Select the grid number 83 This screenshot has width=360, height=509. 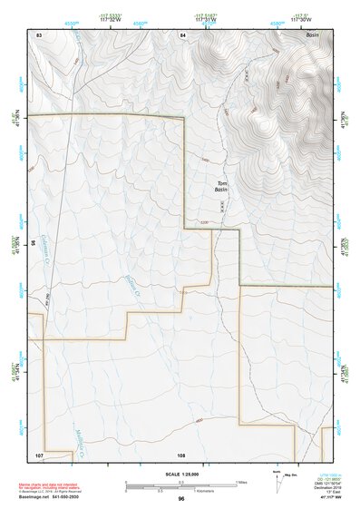pos(39,34)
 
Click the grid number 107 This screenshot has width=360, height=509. pos(39,453)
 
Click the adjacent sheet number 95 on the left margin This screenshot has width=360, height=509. pos(32,243)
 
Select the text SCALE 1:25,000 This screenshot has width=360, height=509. pos(180,474)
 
